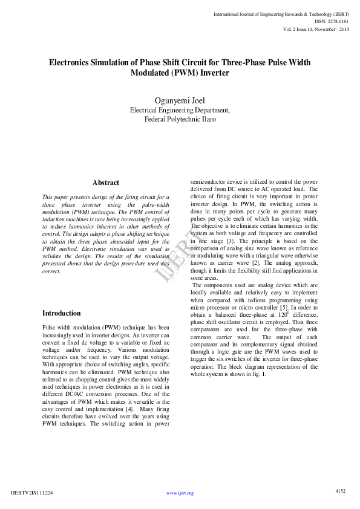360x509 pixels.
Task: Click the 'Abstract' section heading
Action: tap(106, 183)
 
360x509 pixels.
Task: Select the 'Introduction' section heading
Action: tap(61, 313)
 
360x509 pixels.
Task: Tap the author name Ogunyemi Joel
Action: tap(180, 100)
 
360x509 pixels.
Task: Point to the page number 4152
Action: tap(340, 491)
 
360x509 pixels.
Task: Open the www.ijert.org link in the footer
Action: tap(180, 493)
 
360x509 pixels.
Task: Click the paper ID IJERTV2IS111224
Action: tap(32, 493)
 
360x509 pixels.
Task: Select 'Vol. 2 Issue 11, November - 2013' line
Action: tap(315, 29)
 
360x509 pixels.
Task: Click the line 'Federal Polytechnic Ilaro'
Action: tap(180, 119)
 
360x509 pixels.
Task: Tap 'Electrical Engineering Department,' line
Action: tap(180, 110)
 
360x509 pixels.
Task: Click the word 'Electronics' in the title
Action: tap(71, 62)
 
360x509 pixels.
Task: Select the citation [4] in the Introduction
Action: tap(129, 409)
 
